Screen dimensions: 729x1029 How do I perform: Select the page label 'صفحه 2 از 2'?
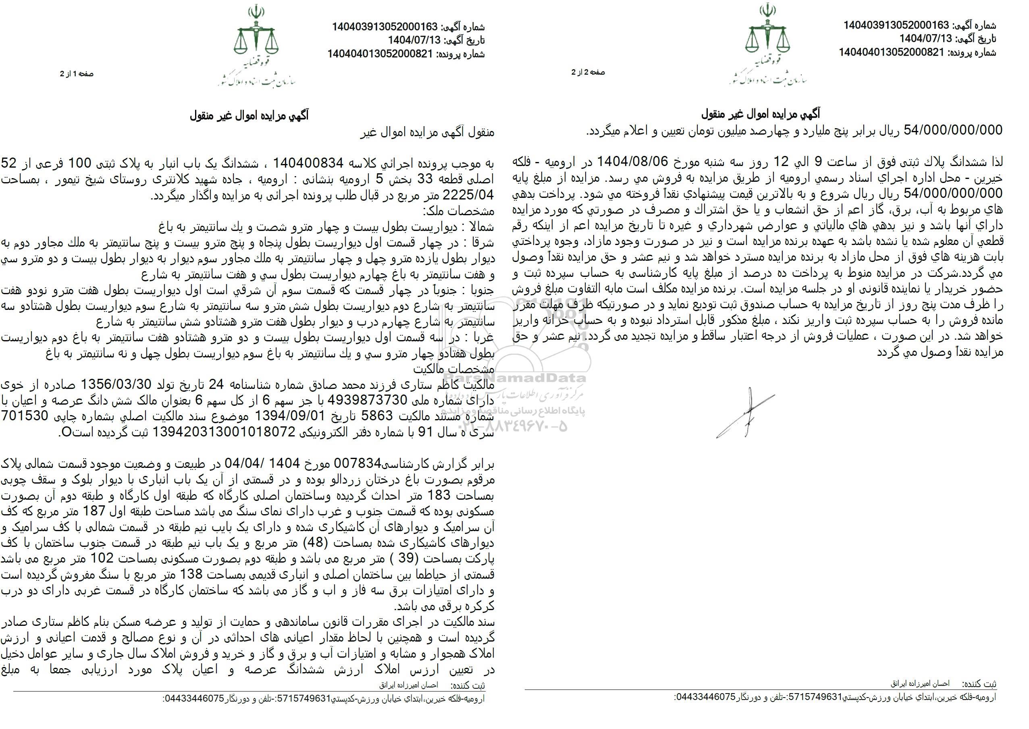tap(588, 72)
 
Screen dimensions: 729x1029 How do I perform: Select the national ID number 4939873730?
tap(367, 400)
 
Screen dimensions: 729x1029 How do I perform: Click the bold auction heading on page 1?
tap(249, 115)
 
